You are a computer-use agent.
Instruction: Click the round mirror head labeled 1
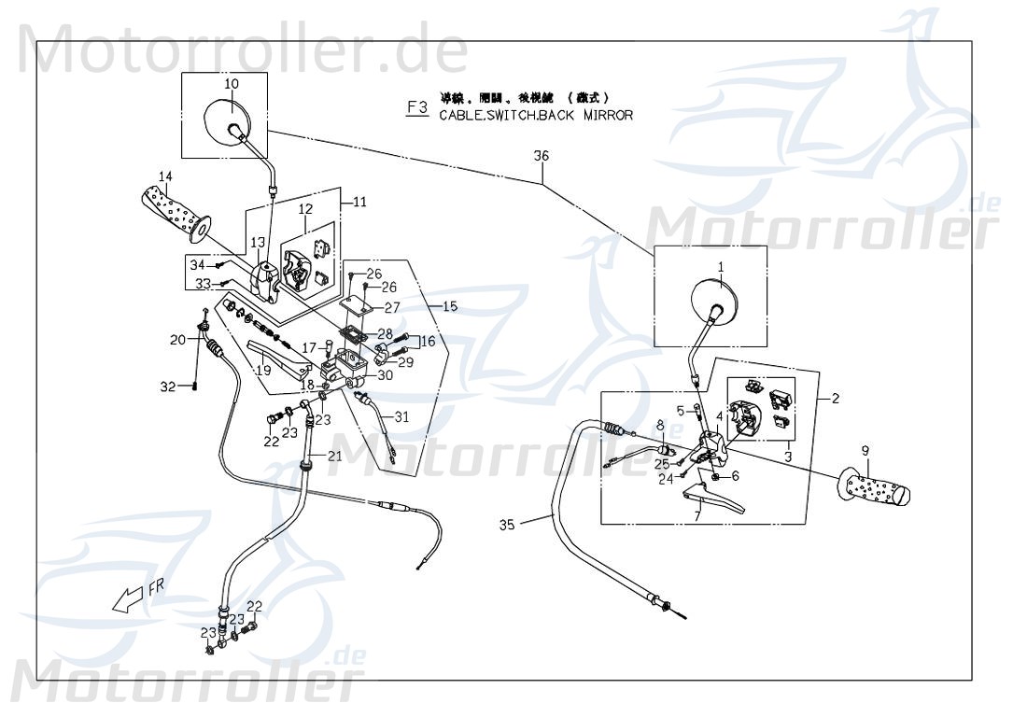[x=713, y=302]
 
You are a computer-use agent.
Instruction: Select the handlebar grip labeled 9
[x=877, y=487]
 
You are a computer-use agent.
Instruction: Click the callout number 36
[x=542, y=157]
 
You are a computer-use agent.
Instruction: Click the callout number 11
[x=360, y=200]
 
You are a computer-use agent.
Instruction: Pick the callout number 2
[x=836, y=399]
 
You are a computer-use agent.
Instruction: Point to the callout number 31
[x=401, y=417]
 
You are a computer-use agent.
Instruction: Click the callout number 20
[x=177, y=340]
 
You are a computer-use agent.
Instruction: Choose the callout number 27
[x=392, y=307]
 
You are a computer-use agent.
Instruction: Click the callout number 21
[x=334, y=456]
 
